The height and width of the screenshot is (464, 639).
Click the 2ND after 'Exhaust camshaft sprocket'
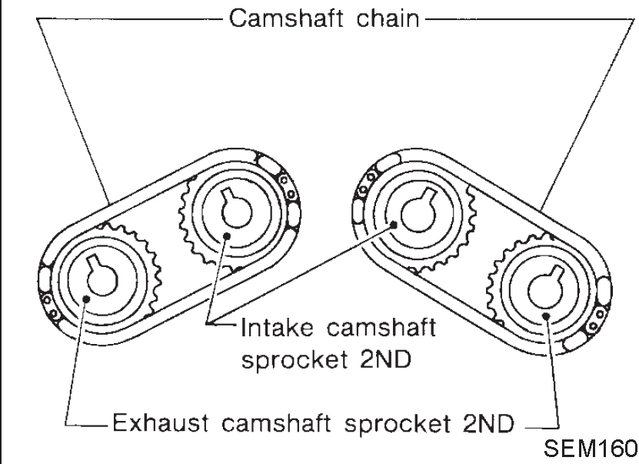[x=485, y=422]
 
